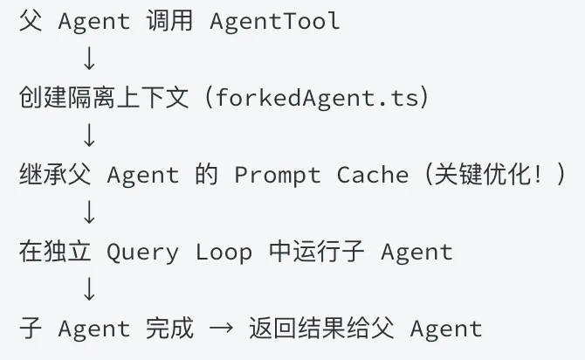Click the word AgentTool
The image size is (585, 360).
point(275,22)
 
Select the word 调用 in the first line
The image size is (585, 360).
point(162,22)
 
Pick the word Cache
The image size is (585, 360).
point(373,175)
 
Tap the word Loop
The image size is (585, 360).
point(224,253)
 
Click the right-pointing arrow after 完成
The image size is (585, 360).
point(222,329)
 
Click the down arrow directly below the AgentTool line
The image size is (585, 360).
point(87,59)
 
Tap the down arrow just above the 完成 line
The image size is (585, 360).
point(87,291)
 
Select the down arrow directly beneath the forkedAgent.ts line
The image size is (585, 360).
point(87,136)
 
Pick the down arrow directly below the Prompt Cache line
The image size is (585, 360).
point(87,213)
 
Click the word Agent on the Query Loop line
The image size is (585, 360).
point(417,253)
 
